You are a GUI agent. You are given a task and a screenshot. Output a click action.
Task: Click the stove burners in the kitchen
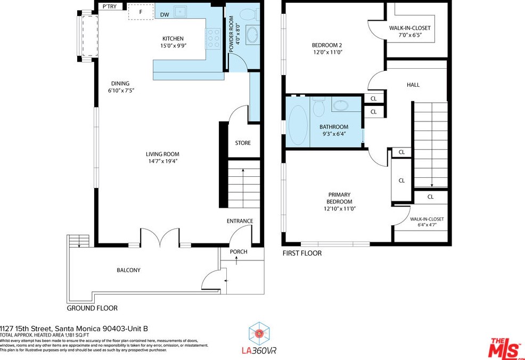[x=214, y=39]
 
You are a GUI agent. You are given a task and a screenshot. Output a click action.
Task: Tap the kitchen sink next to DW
[x=182, y=12]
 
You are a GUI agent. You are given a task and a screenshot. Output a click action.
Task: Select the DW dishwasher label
[x=165, y=15]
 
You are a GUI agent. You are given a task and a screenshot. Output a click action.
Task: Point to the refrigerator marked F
[x=141, y=12]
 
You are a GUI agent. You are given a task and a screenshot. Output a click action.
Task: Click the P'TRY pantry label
[x=110, y=6]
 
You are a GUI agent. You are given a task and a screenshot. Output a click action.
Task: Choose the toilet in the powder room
[x=249, y=14]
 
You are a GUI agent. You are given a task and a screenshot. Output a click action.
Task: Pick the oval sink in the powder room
[x=252, y=35]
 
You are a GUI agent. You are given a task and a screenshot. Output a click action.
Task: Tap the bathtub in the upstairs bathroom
[x=298, y=125]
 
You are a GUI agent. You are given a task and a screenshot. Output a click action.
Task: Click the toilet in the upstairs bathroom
[x=319, y=106]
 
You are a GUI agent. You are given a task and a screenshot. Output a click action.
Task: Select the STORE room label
[x=243, y=143]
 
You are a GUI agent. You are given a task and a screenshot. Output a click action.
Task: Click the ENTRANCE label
[x=240, y=221]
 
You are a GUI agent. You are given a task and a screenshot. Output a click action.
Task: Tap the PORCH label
[x=239, y=251]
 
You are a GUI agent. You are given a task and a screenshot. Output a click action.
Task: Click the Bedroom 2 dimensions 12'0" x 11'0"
[x=327, y=52]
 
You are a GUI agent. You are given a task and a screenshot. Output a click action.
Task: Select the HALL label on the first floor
[x=413, y=85]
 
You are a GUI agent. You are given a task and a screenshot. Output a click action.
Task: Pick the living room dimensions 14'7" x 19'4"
[x=162, y=161]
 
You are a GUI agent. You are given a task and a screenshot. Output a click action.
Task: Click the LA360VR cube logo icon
[x=259, y=333]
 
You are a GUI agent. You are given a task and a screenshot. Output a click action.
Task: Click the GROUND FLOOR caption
[x=92, y=308]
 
